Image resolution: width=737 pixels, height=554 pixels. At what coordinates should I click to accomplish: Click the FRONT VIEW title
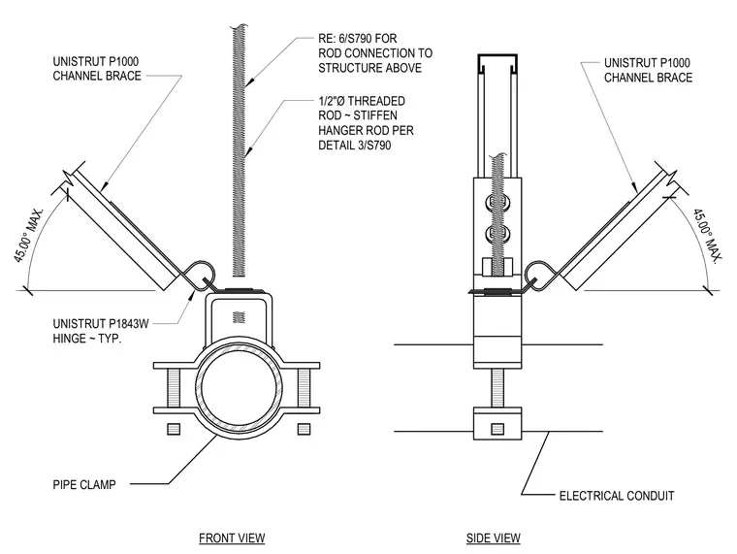click(x=232, y=538)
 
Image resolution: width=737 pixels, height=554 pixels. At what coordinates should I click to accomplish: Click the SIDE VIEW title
click(x=493, y=538)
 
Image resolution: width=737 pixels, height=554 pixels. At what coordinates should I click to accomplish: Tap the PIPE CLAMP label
click(x=84, y=484)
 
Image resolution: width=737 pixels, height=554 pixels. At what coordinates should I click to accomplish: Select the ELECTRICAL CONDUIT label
click(x=617, y=496)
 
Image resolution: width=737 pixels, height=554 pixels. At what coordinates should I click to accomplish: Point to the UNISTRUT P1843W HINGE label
click(x=101, y=331)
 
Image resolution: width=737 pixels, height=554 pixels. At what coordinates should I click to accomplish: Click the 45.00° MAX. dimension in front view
click(x=29, y=235)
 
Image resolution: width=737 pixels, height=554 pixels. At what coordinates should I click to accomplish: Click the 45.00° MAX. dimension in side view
click(x=706, y=236)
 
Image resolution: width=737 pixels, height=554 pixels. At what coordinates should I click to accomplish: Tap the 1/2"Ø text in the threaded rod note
click(x=332, y=101)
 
